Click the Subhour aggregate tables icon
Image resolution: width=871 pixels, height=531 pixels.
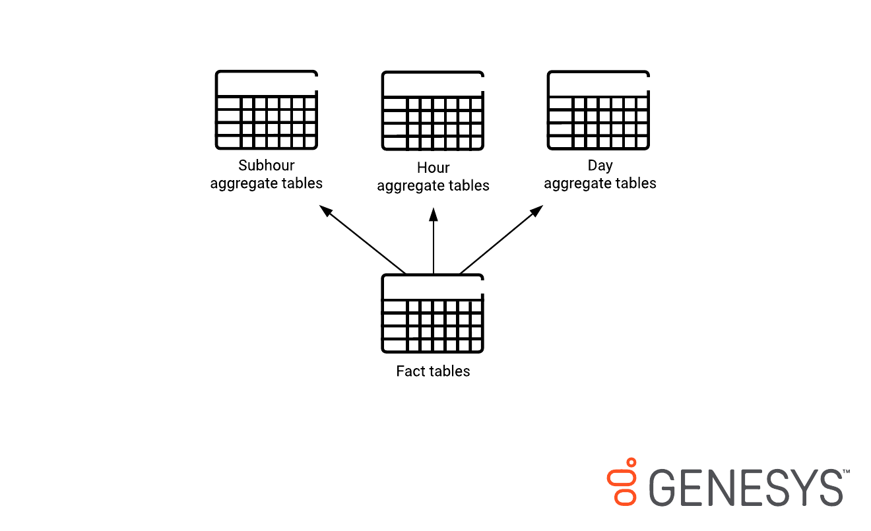pyautogui.click(x=267, y=110)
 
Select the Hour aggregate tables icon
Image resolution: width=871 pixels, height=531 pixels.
pyautogui.click(x=433, y=111)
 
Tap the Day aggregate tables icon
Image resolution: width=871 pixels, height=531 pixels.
pyautogui.click(x=598, y=110)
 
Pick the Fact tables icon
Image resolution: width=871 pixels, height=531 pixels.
pyautogui.click(x=433, y=314)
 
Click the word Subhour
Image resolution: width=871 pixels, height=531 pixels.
pyautogui.click(x=267, y=165)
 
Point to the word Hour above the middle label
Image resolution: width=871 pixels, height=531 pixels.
pyautogui.click(x=433, y=168)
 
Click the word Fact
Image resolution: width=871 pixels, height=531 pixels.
pyautogui.click(x=409, y=371)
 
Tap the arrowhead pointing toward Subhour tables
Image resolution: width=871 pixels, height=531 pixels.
pyautogui.click(x=325, y=211)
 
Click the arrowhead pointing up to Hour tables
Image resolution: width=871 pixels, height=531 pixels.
pyautogui.click(x=434, y=214)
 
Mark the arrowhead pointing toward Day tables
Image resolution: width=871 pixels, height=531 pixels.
pyautogui.click(x=536, y=211)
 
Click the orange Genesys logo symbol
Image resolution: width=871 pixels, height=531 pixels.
pyautogui.click(x=622, y=482)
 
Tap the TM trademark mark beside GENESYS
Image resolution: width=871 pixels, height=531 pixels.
pyautogui.click(x=846, y=472)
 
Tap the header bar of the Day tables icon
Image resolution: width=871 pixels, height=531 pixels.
pyautogui.click(x=598, y=84)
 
